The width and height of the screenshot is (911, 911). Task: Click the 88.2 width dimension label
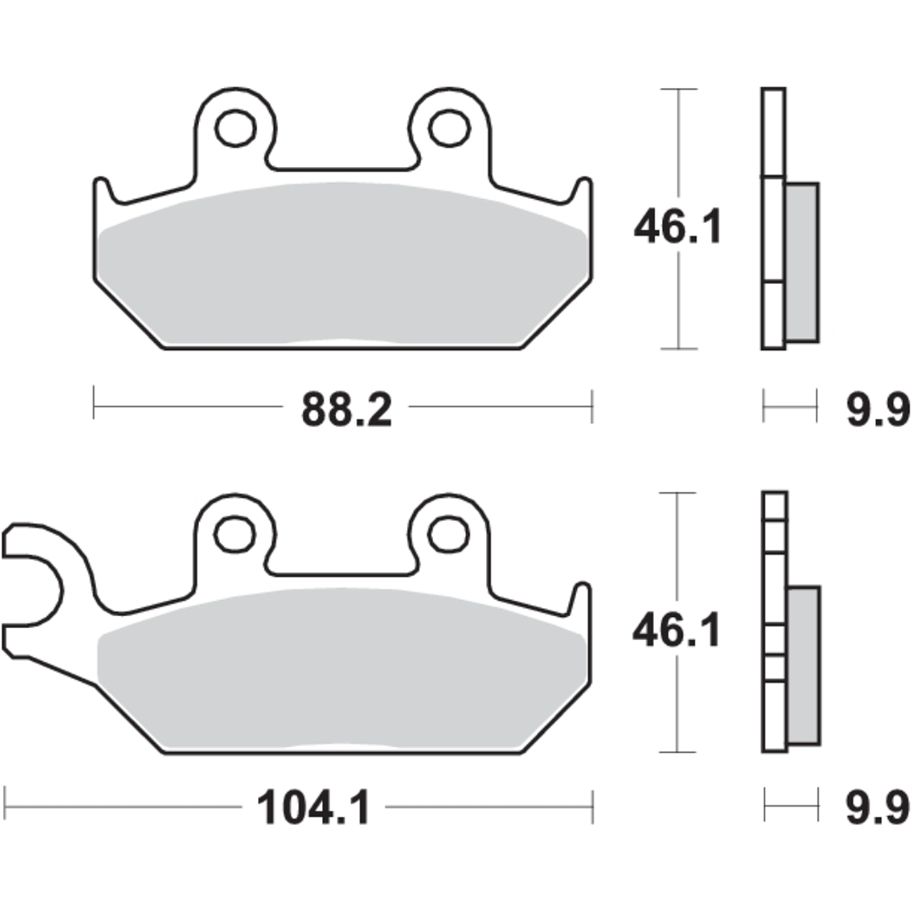point(346,411)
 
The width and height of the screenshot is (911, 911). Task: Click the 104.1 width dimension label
point(314,810)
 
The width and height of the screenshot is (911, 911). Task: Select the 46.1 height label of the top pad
point(677,228)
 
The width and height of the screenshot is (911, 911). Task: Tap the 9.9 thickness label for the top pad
point(877,411)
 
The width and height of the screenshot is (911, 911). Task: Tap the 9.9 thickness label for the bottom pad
point(877,809)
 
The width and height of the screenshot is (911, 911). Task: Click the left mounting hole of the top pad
point(236,129)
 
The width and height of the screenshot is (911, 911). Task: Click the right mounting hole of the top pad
point(448,128)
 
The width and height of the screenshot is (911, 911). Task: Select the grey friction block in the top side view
point(802,262)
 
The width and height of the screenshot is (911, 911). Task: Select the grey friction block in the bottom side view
point(803,666)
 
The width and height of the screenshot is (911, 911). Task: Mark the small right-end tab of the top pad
point(583,195)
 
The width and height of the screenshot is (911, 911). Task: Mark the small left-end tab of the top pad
point(104,195)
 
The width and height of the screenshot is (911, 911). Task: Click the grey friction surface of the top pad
point(344,264)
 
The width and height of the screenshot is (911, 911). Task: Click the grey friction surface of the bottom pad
point(344,667)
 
